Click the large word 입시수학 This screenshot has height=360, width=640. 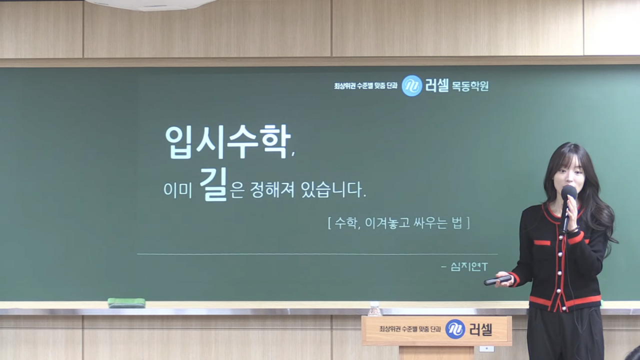[227, 141]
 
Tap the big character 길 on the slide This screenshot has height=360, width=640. [213, 184]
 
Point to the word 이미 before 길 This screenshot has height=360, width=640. [177, 191]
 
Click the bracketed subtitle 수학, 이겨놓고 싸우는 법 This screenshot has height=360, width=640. [398, 223]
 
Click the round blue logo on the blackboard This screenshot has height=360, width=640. [412, 86]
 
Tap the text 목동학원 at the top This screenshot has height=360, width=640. [470, 86]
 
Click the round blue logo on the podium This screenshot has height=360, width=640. [455, 329]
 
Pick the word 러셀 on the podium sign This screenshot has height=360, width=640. [480, 329]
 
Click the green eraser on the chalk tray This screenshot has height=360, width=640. [126, 302]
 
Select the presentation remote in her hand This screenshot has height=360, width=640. [497, 280]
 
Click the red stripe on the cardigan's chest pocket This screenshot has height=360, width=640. [541, 243]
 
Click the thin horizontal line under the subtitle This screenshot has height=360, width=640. [317, 254]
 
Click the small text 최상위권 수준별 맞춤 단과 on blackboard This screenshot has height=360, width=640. [365, 86]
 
